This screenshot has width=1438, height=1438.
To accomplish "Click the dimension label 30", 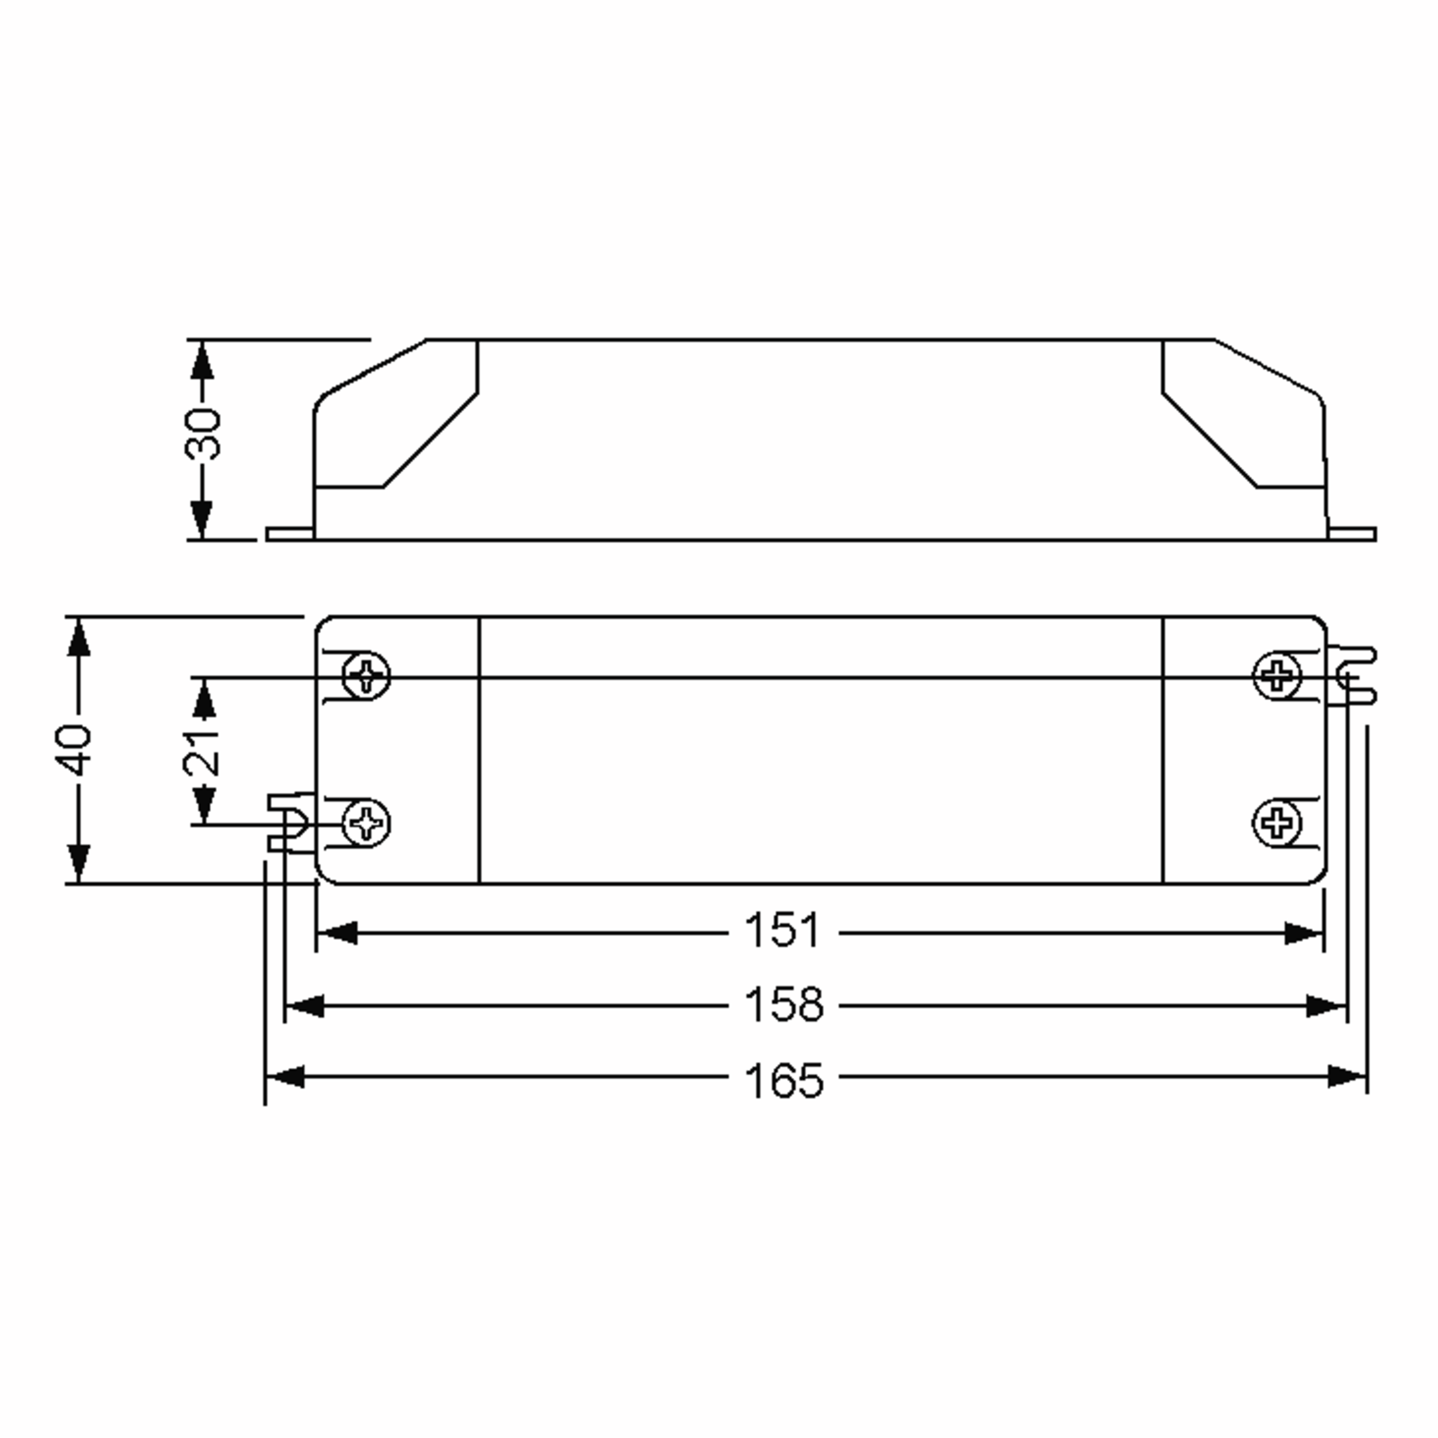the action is pos(203,433).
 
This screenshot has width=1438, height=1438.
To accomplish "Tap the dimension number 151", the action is pos(783,931).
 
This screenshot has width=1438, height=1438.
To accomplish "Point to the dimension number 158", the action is pos(784,1005).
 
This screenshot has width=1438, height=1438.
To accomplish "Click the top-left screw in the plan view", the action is pos(365,676).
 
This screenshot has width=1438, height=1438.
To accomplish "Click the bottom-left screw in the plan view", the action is pos(365,823).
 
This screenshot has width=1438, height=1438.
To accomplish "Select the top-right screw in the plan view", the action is pos(1277,676).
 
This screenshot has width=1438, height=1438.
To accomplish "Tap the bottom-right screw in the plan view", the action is pos(1277,823).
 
